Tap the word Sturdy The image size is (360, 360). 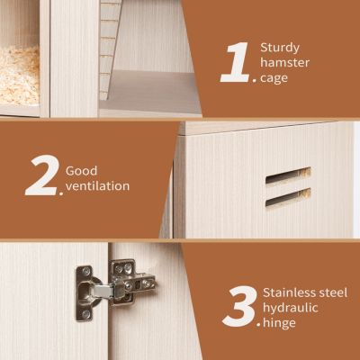pyautogui.click(x=280, y=46)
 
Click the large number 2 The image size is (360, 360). pyautogui.click(x=41, y=177)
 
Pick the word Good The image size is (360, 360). pyautogui.click(x=82, y=169)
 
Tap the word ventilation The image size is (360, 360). pyautogui.click(x=97, y=186)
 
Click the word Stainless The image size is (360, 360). pyautogui.click(x=290, y=292)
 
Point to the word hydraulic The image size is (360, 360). pyautogui.click(x=290, y=309)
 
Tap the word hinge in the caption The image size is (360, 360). pyautogui.click(x=279, y=324)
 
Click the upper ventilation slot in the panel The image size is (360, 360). pyautogui.click(x=288, y=175)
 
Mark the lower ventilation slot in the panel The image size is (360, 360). pyautogui.click(x=288, y=196)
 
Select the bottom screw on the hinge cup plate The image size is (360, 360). pyautogui.click(x=85, y=314)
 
